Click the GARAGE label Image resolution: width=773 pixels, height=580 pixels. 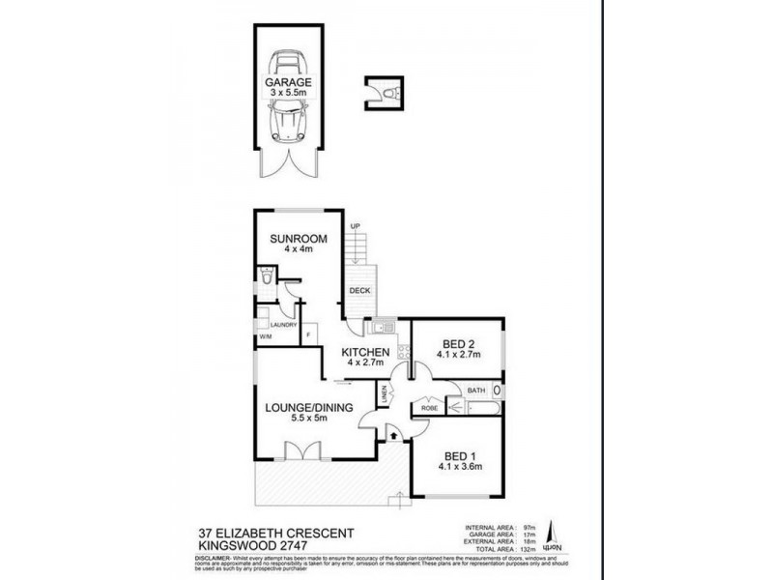pyautogui.click(x=288, y=83)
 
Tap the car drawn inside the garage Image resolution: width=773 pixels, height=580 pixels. pyautogui.click(x=288, y=120)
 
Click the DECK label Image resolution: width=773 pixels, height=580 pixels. pyautogui.click(x=359, y=289)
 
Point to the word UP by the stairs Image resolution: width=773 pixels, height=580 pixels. pyautogui.click(x=355, y=226)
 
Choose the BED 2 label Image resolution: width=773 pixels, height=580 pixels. pyautogui.click(x=459, y=344)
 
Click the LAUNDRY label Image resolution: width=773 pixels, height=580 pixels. pyautogui.click(x=282, y=325)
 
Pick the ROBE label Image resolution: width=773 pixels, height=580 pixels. pyautogui.click(x=427, y=409)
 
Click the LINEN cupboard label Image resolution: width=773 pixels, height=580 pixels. pyautogui.click(x=385, y=395)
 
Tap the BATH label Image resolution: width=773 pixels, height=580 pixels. pyautogui.click(x=477, y=390)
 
